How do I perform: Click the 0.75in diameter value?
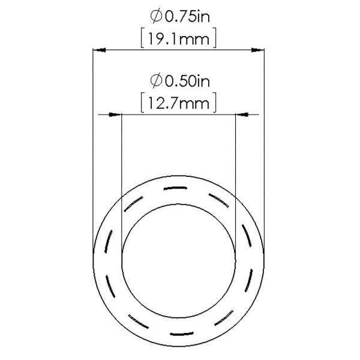[x=187, y=14]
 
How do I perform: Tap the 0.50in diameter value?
[x=187, y=79]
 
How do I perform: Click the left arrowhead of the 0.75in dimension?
[x=98, y=49]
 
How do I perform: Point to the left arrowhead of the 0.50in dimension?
[x=115, y=114]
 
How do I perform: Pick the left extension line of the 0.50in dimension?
[x=121, y=168]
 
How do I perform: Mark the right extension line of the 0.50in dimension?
[x=236, y=168]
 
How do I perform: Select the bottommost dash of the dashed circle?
[x=178, y=332]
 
